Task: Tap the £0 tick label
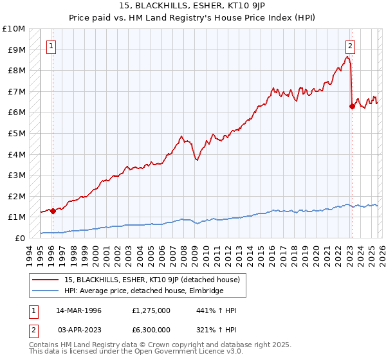point(20,238)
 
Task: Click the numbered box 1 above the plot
point(51,46)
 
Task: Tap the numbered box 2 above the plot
point(351,46)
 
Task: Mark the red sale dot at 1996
point(53,211)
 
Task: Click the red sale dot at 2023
point(352,106)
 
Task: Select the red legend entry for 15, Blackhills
point(152,279)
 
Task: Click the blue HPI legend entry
point(143,291)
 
